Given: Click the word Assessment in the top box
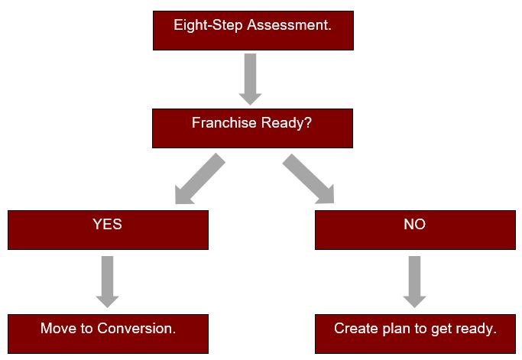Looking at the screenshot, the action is click(x=289, y=25).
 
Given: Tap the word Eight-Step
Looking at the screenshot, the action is click(x=208, y=26).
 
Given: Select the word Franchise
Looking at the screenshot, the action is click(x=224, y=122).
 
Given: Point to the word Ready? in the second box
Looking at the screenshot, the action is click(x=287, y=123).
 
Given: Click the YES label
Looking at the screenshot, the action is click(x=107, y=224).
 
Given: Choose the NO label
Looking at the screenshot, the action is click(x=414, y=224).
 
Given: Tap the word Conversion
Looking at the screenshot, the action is click(x=137, y=329).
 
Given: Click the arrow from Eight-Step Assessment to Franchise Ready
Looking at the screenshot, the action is click(x=251, y=79).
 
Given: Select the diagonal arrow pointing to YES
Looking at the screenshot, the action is click(x=200, y=179).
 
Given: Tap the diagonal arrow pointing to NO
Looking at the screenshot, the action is click(x=308, y=179).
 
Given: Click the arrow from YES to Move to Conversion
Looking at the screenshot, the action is click(x=107, y=282).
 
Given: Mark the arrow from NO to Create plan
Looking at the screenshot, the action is click(x=414, y=282).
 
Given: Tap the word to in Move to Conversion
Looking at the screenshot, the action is click(x=86, y=329).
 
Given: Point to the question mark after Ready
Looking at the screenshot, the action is click(x=309, y=122).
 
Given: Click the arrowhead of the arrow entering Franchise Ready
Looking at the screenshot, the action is click(x=251, y=99).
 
